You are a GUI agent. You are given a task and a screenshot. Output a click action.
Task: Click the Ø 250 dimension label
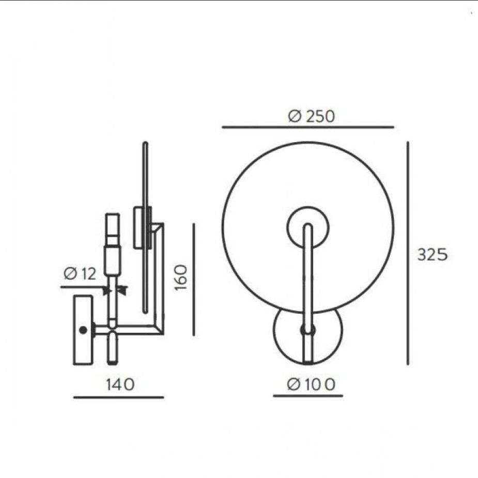[x=311, y=116]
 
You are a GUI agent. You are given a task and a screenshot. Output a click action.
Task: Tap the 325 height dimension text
[x=433, y=255]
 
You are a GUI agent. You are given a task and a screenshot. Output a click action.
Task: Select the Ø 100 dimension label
[x=311, y=384]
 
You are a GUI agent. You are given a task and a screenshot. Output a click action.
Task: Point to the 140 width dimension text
[x=120, y=384]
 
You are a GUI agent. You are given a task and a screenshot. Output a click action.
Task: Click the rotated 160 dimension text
[x=181, y=277]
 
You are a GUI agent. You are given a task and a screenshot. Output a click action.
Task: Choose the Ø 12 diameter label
[x=80, y=273]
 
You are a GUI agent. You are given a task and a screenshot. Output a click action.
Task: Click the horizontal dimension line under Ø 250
[x=308, y=127]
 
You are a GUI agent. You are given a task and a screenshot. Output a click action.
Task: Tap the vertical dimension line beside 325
[x=408, y=253]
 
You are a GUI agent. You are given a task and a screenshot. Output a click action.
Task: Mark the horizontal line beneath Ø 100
[x=308, y=396]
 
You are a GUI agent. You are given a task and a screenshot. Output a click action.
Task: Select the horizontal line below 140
[x=118, y=397]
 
